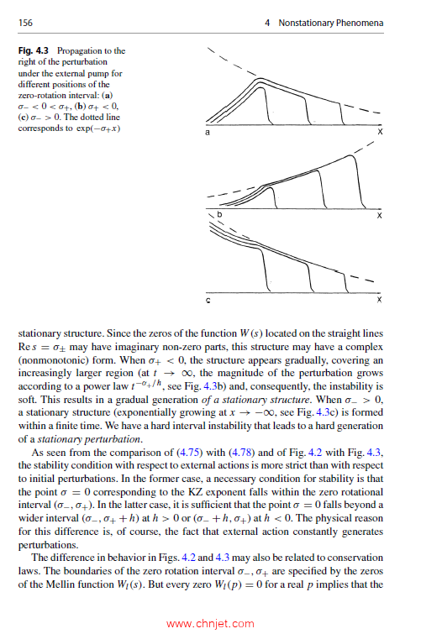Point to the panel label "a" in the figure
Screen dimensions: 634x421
(x=208, y=132)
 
